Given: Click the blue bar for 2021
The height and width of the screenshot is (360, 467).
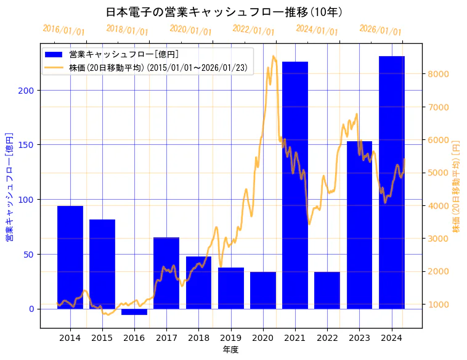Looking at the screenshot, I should [295, 185].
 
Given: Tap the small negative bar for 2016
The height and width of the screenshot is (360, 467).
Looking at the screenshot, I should [134, 312].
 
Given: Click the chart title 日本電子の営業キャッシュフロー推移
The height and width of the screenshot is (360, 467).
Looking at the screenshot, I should [224, 12].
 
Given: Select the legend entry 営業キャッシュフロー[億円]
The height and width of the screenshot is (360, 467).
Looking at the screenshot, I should [124, 54].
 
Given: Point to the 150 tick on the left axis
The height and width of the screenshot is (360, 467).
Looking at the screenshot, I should [28, 145].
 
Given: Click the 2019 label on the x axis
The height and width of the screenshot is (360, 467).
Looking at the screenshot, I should [230, 338].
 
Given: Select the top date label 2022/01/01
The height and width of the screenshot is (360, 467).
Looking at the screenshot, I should [253, 30].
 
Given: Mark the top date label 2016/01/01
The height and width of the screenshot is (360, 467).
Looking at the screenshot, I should [63, 30].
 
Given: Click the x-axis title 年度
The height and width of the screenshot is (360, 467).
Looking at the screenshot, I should [230, 350].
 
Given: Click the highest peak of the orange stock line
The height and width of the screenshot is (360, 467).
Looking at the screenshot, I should [274, 56].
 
